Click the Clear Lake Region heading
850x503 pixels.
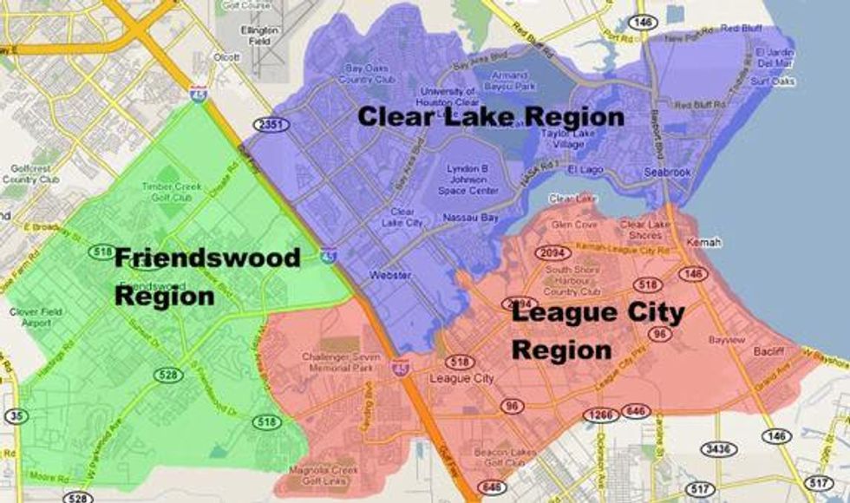coord(491,117)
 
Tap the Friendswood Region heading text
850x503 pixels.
coord(207,277)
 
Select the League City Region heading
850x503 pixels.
coord(598,330)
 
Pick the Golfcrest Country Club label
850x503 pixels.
coord(31,173)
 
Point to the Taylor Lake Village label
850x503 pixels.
coord(564,139)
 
